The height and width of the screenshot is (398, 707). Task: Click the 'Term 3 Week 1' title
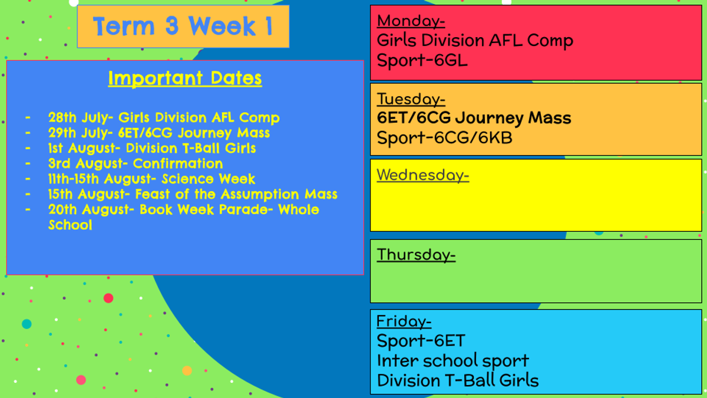point(183,26)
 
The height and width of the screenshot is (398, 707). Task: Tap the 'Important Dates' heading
point(185,78)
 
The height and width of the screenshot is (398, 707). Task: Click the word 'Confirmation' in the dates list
point(178,164)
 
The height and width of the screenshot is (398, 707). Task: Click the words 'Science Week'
point(209,179)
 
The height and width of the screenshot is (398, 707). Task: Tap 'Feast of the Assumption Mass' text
point(236,194)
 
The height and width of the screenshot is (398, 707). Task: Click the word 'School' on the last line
point(70,225)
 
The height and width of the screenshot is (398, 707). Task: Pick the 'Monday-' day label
point(411,21)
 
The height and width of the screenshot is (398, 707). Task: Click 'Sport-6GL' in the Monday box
point(422,60)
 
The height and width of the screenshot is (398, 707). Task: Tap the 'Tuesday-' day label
point(411,99)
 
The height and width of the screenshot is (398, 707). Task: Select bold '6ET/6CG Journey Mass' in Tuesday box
point(474,118)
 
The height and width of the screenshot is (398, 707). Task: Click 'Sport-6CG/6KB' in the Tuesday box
point(444,138)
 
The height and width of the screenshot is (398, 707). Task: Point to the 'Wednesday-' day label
point(423,175)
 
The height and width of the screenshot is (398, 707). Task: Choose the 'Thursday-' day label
point(417,255)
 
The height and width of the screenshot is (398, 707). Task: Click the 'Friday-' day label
point(404,321)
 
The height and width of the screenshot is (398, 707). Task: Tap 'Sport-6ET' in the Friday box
point(421,341)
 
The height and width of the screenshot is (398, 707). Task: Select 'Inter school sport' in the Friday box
point(453,361)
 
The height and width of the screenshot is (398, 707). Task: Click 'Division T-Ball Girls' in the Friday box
point(458,381)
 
